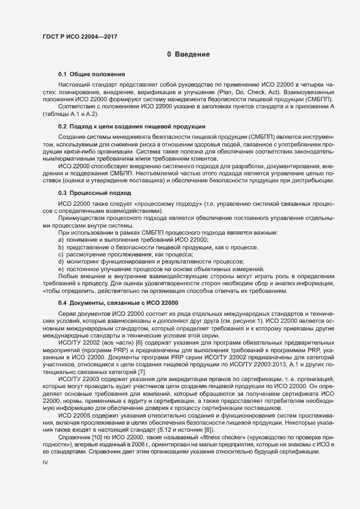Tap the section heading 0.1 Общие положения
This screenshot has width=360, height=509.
tap(92, 73)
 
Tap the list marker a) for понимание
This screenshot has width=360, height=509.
tap(61, 240)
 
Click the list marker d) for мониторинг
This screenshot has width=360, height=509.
tap(61, 261)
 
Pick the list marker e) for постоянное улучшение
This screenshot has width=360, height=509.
tap(61, 268)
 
